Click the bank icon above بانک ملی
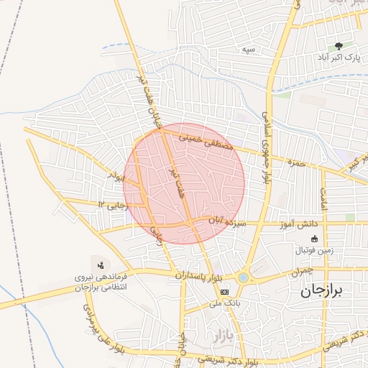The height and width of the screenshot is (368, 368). point(225,292)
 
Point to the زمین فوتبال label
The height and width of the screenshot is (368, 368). point(314,251)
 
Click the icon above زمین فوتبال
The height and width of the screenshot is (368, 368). point(314,239)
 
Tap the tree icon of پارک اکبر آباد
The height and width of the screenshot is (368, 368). point(339,45)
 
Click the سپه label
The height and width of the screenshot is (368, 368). point(249,49)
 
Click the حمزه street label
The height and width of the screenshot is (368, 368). point(295,161)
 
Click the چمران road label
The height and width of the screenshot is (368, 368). point(302,273)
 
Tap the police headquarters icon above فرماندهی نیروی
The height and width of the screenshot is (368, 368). point(100,264)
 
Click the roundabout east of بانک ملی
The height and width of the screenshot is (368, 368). point(244,277)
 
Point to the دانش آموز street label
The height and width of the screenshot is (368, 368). point(310,224)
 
